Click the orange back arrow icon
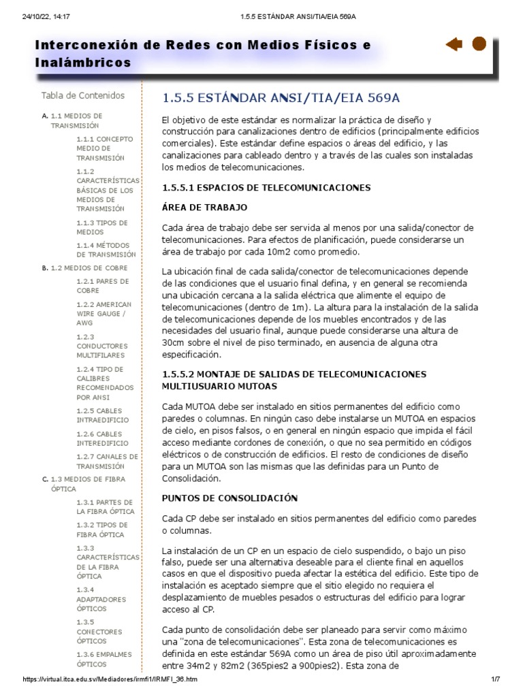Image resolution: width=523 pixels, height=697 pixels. tap(454, 45)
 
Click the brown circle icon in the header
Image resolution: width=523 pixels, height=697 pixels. tap(479, 44)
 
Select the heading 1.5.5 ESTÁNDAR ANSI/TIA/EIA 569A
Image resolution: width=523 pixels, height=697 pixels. tap(280, 97)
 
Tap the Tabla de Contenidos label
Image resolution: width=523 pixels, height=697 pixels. tap(83, 95)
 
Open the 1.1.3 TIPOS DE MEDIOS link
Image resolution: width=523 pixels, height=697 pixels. tap(102, 227)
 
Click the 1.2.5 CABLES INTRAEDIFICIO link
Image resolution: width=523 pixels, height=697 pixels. tap(103, 416)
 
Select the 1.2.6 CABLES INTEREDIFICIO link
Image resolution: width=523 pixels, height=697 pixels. tap(103, 438)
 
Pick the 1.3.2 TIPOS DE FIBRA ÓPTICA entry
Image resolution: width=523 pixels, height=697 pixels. tap(102, 530)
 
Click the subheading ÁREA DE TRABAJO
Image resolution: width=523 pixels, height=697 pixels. tap(204, 207)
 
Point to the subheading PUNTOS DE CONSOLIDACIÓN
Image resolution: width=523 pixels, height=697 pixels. tap(230, 498)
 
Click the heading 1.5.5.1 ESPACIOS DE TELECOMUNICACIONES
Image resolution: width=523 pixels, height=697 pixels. tap(266, 187)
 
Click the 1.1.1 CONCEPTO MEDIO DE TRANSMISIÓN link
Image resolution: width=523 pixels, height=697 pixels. tap(105, 148)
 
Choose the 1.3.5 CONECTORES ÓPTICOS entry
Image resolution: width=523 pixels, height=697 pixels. tap(100, 631)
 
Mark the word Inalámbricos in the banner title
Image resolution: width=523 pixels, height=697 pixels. tap(83, 62)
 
